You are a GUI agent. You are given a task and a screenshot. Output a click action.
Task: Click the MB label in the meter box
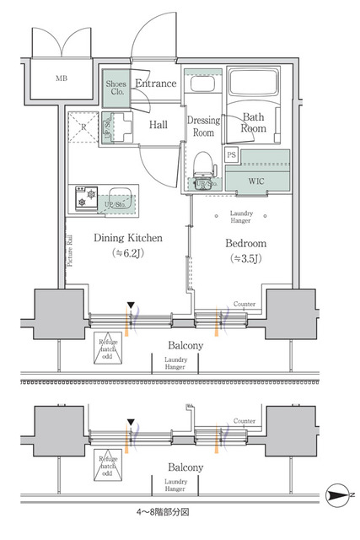click(x=61, y=80)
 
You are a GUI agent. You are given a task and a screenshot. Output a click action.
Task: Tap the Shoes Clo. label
click(x=116, y=89)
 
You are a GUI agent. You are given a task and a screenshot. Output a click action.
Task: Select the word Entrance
click(x=156, y=84)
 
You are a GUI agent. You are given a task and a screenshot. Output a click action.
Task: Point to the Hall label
click(x=159, y=125)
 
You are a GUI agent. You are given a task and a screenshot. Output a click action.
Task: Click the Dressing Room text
click(x=203, y=127)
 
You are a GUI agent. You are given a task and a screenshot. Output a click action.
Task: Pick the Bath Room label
click(x=254, y=123)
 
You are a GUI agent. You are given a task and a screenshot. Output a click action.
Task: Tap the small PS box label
click(x=232, y=155)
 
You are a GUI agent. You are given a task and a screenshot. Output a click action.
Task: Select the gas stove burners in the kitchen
click(x=85, y=197)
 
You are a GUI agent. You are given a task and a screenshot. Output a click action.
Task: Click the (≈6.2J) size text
click(x=128, y=252)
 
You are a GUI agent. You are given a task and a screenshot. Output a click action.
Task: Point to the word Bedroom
click(x=244, y=244)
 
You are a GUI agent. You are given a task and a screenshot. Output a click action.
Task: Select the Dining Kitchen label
click(x=128, y=238)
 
